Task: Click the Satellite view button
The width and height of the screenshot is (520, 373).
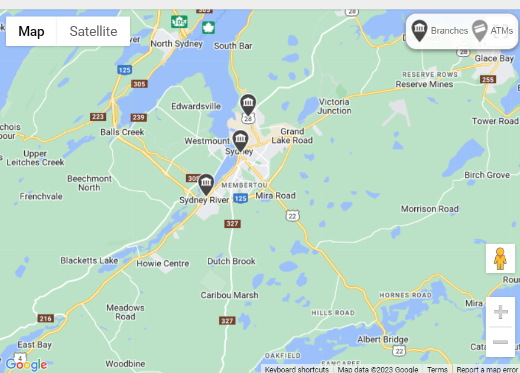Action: [93, 31]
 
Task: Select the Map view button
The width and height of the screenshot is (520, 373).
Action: [31, 31]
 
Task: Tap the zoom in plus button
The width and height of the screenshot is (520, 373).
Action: [500, 312]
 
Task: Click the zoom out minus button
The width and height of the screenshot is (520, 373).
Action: [500, 342]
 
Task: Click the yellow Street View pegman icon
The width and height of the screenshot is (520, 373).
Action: [500, 259]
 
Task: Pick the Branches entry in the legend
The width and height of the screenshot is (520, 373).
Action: [440, 31]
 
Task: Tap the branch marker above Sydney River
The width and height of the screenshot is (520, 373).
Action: [206, 184]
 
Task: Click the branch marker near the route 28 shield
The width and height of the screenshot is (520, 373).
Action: [248, 104]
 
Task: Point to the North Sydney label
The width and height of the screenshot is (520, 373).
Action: [177, 44]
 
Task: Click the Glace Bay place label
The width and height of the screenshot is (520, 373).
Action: [494, 58]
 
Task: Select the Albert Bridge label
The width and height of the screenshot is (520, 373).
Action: [382, 339]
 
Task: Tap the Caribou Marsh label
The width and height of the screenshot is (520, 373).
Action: [229, 295]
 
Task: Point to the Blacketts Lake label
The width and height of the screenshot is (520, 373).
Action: [89, 260]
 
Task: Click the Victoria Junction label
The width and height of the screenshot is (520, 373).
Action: [334, 106]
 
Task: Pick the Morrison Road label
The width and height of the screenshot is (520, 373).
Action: [430, 209]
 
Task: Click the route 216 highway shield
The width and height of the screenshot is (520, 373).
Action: [45, 319]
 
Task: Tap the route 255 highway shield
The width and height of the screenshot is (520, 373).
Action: [488, 80]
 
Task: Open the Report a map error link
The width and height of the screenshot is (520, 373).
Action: [487, 369]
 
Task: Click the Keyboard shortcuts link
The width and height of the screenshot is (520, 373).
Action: [297, 369]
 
